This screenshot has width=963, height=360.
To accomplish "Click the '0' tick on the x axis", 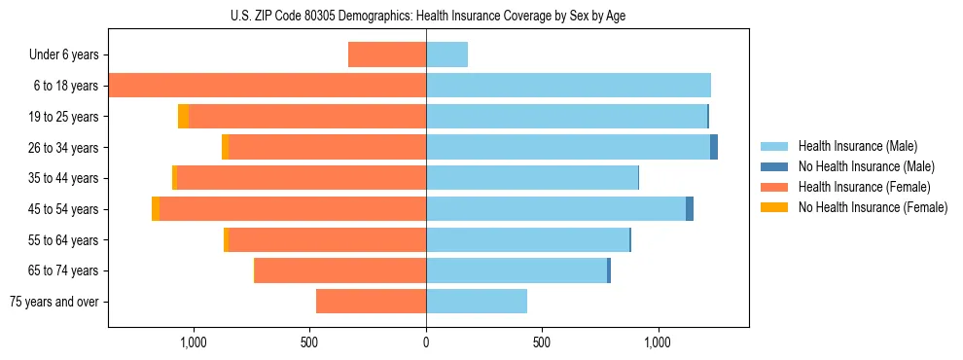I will (x=426, y=342).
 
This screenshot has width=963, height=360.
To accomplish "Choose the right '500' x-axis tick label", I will (x=542, y=342).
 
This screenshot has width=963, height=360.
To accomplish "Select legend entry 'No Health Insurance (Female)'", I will (x=873, y=207).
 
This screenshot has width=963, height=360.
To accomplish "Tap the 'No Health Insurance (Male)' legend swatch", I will (x=774, y=166).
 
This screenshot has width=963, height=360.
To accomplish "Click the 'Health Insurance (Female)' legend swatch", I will (x=774, y=187).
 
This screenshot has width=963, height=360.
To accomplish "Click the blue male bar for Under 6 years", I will (x=446, y=54).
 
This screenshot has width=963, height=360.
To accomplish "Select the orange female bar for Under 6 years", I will (x=387, y=54).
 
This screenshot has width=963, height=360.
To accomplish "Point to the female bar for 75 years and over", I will (x=372, y=302).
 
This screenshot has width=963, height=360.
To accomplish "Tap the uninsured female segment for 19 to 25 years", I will (x=183, y=117).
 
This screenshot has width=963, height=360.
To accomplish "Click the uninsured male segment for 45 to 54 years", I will (x=690, y=209).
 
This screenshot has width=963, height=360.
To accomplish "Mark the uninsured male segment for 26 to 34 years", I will (x=714, y=147).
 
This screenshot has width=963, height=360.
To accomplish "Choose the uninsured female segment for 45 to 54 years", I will (x=156, y=209).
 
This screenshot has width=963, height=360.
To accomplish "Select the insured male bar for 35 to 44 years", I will (x=532, y=178).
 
